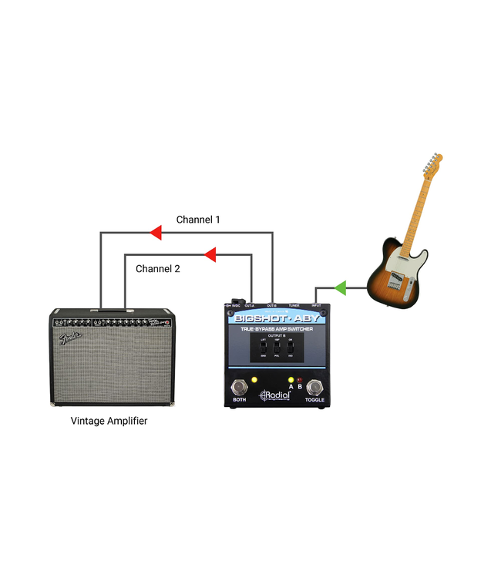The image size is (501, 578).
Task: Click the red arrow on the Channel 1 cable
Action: click(155, 233)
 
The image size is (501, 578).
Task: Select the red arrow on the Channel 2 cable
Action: click(208, 254)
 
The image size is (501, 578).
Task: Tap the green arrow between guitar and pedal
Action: click(338, 288)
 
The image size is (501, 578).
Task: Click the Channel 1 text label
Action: click(198, 220)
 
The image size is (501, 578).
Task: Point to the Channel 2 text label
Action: click(158, 269)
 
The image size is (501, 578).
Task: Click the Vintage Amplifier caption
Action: click(109, 421)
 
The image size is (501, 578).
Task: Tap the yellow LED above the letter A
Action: click(291, 380)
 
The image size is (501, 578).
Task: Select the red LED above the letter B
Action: click(300, 380)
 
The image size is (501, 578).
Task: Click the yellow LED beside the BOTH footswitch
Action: click(254, 383)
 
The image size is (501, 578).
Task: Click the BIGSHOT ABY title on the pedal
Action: click(280, 318)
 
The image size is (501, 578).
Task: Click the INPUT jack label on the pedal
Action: click(316, 306)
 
